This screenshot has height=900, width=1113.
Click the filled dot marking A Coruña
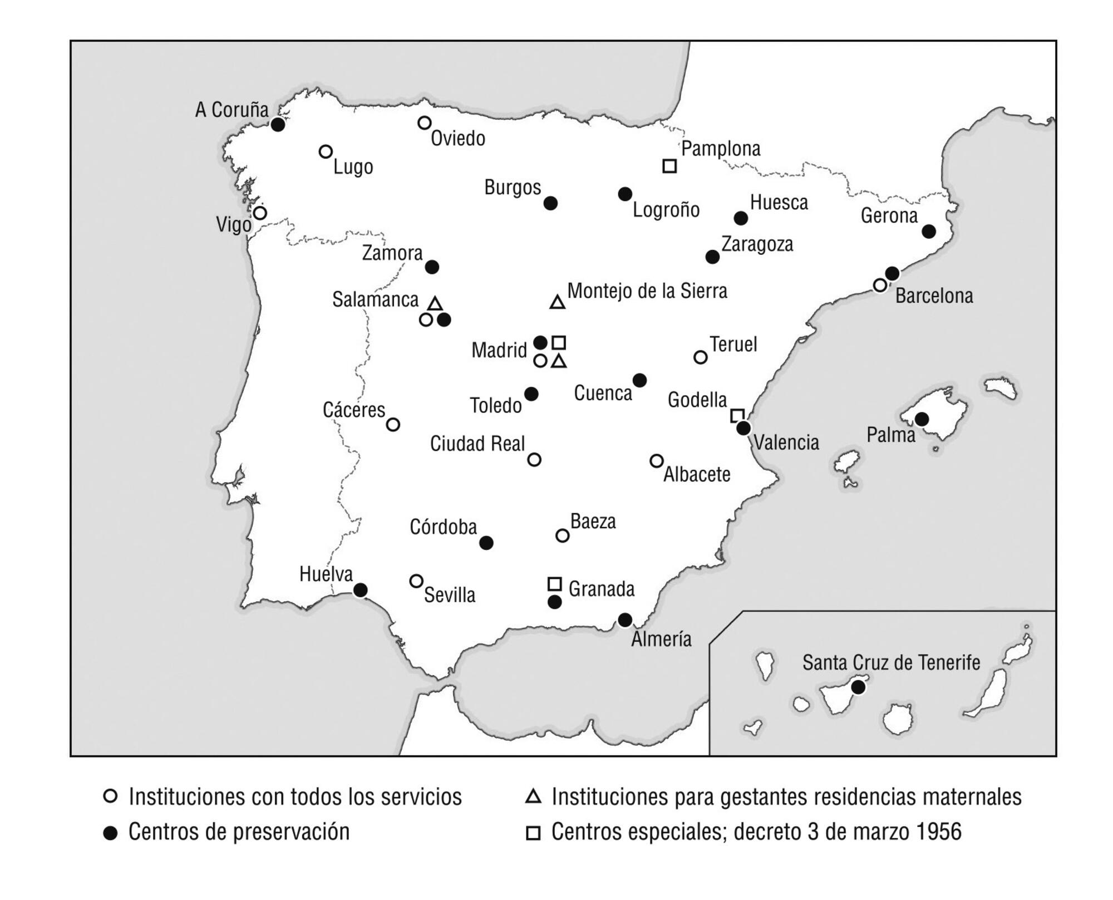[x=278, y=125]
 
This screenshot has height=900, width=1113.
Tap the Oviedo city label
[x=457, y=139]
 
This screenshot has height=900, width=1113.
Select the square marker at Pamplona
[x=669, y=166]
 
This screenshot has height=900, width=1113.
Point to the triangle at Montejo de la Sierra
[x=558, y=302]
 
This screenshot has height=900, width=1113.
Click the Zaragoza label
[x=757, y=244]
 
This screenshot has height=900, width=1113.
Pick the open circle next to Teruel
[x=701, y=357]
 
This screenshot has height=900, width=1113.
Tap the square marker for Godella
[x=737, y=415]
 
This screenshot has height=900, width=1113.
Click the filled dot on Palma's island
[x=922, y=419]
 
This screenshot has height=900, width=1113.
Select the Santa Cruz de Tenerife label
[x=891, y=663]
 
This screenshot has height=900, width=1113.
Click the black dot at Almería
[x=625, y=619]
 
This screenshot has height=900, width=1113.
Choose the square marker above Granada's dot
[x=554, y=583]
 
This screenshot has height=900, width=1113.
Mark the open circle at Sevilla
[x=416, y=581]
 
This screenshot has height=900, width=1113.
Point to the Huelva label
[x=326, y=574]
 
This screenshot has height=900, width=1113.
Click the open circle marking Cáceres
[x=393, y=425]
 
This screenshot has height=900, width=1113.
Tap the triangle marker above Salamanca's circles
[x=435, y=304]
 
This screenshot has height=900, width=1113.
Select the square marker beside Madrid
[x=559, y=342]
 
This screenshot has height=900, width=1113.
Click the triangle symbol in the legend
[x=533, y=796]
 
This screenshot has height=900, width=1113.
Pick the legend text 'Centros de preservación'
[x=239, y=832]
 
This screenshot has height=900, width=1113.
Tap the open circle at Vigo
[x=260, y=213]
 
